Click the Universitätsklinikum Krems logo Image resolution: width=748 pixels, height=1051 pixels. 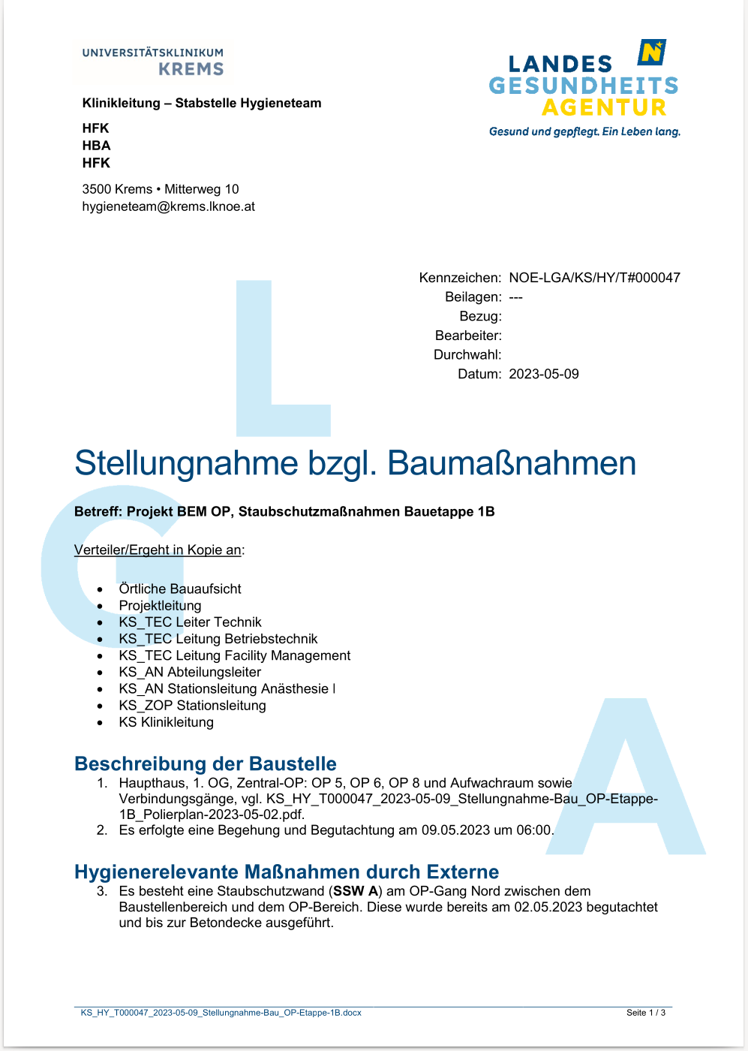pyautogui.click(x=153, y=62)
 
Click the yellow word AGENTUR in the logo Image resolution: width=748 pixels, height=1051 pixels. pyautogui.click(x=604, y=108)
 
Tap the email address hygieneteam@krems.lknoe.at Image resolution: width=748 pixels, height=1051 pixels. pyautogui.click(x=168, y=206)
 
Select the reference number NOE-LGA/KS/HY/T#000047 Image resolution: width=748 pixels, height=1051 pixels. pyautogui.click(x=594, y=278)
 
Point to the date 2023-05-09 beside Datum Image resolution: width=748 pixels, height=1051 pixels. pyautogui.click(x=544, y=374)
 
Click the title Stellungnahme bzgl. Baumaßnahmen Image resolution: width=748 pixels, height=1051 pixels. pyautogui.click(x=355, y=463)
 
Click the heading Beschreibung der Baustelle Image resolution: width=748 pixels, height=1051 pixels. pyautogui.click(x=206, y=763)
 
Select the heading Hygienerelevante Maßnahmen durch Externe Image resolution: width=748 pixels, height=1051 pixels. pyautogui.click(x=287, y=872)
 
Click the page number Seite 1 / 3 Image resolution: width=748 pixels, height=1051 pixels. pyautogui.click(x=645, y=1013)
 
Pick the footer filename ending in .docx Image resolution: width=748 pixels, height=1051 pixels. pyautogui.click(x=221, y=1013)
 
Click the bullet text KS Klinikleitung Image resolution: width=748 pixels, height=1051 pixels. pyautogui.click(x=166, y=722)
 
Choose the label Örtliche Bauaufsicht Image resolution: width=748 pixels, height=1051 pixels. pyautogui.click(x=180, y=589)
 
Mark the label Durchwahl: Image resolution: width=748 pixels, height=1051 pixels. pyautogui.click(x=467, y=354)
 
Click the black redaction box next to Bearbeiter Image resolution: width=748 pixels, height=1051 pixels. pyautogui.click(x=551, y=344)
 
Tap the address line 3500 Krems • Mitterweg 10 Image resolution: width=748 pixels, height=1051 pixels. pyautogui.click(x=161, y=189)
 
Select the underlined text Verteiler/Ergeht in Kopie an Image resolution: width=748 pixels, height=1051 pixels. pyautogui.click(x=158, y=550)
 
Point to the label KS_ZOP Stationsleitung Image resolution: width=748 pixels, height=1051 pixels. pyautogui.click(x=192, y=706)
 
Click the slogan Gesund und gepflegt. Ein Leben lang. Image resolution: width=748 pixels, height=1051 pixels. pyautogui.click(x=584, y=131)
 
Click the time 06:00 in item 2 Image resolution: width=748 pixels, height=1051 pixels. pyautogui.click(x=533, y=830)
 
